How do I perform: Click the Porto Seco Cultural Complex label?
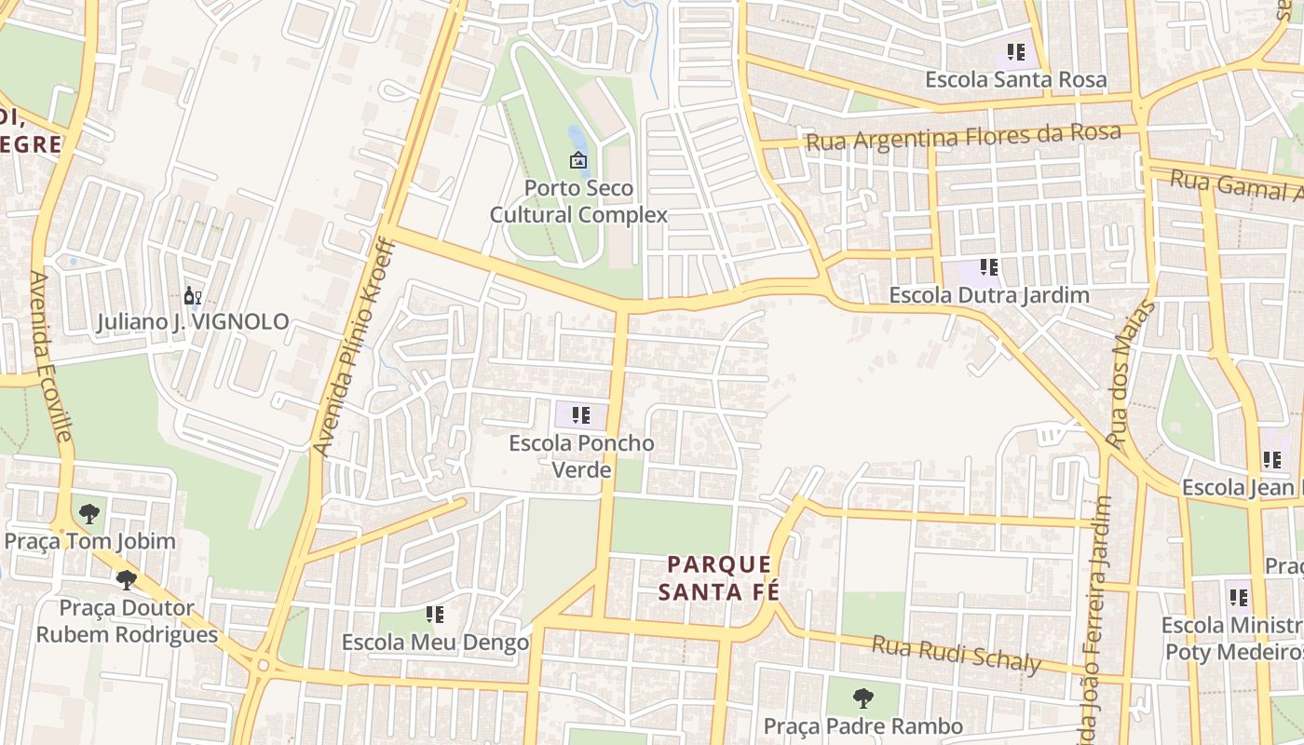click(x=578, y=201)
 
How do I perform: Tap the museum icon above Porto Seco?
click(x=578, y=160)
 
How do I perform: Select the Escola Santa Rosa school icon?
click(x=1015, y=52)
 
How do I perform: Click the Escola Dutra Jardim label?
click(x=988, y=295)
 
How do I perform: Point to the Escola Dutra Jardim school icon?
click(x=988, y=268)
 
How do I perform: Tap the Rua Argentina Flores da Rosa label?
click(x=962, y=137)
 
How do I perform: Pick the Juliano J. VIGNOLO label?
click(x=193, y=323)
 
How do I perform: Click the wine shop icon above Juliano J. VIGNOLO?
click(x=193, y=296)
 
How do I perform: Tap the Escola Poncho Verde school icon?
click(x=581, y=415)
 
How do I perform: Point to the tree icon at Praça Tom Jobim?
click(x=89, y=513)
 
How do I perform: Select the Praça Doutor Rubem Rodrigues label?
click(x=127, y=621)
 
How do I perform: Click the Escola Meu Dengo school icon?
click(x=434, y=615)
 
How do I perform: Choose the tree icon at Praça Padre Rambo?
click(x=863, y=698)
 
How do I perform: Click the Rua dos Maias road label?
click(x=1131, y=372)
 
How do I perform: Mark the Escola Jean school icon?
click(x=1271, y=460)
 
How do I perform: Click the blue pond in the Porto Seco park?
click(x=577, y=139)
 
